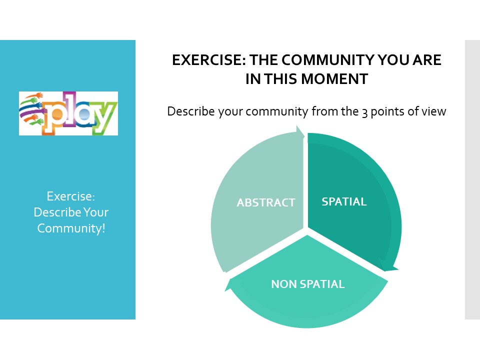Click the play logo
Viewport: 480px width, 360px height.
68,113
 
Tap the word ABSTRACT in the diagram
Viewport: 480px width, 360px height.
265,202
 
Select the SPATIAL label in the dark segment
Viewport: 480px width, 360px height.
344,201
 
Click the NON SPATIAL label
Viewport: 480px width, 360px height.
308,284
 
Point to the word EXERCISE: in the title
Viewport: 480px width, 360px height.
209,60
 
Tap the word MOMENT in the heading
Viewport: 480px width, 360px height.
334,79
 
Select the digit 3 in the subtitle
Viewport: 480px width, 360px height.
364,112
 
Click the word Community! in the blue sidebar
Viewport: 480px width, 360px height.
71,228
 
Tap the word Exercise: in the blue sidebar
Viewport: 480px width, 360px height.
70,196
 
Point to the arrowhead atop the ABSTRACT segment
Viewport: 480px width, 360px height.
299,132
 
